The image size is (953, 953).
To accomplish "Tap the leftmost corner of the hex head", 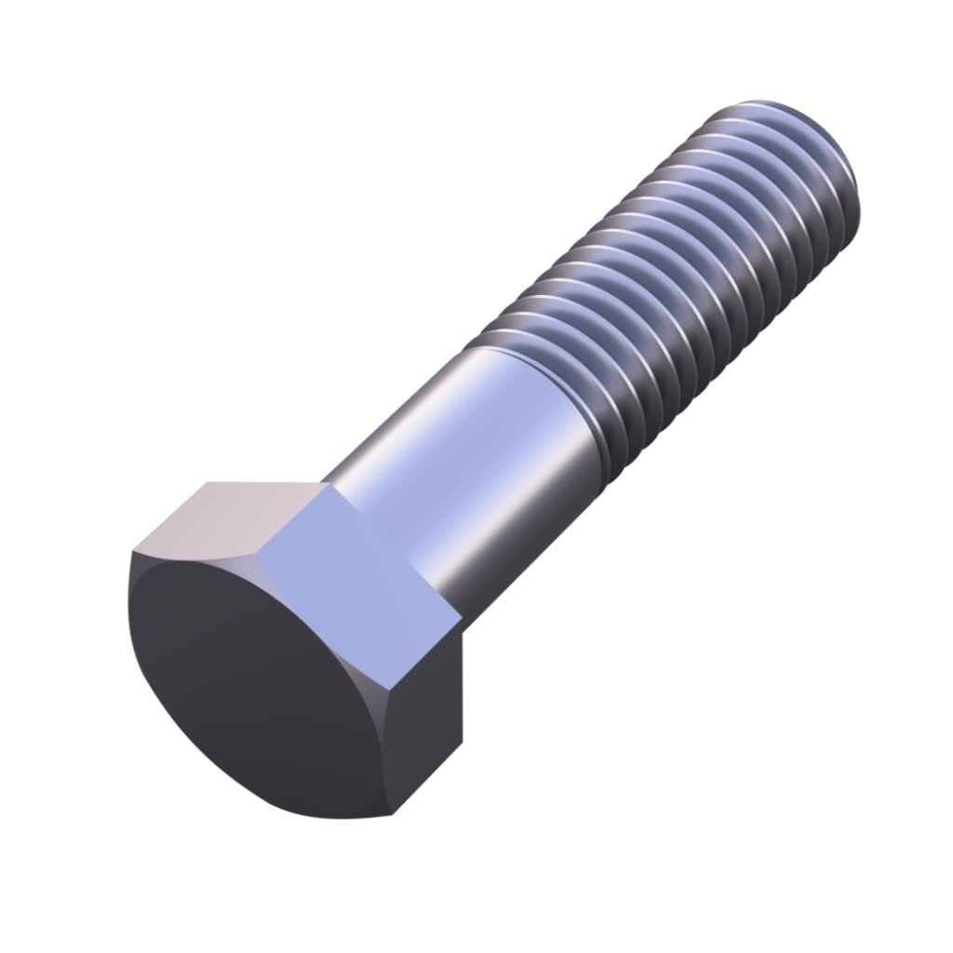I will [129, 558].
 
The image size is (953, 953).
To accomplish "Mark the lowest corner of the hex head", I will [391, 817].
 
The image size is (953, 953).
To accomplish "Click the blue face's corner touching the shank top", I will [321, 486].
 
